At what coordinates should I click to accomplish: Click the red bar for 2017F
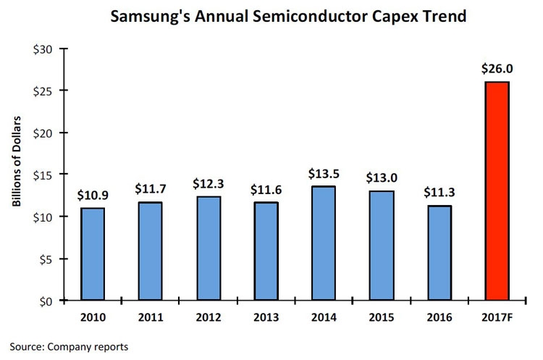coord(497,191)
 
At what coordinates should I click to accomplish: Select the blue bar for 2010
coord(93,254)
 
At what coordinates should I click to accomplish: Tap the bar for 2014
coord(324,243)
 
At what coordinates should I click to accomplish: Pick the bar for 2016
coord(439,253)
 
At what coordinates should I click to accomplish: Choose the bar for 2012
coord(209,248)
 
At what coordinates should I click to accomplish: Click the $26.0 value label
coord(497,69)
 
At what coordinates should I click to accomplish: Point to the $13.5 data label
coord(324,173)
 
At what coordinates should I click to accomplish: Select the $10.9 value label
coord(93,195)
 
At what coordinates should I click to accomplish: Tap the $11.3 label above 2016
coord(439,192)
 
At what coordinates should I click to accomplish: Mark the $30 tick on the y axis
coord(43,49)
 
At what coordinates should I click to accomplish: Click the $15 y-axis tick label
coord(43,175)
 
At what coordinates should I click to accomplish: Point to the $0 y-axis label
coord(46,301)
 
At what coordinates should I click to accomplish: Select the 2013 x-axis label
coord(266,317)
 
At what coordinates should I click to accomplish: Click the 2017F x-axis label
coord(497,317)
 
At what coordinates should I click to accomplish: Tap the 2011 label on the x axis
coord(151,317)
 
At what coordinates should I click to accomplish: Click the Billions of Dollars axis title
coord(16,161)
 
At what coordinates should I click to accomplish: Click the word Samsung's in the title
coord(150,16)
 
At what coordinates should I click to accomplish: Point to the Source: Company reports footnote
coord(69,347)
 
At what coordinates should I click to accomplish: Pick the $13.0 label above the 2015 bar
coord(382,177)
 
